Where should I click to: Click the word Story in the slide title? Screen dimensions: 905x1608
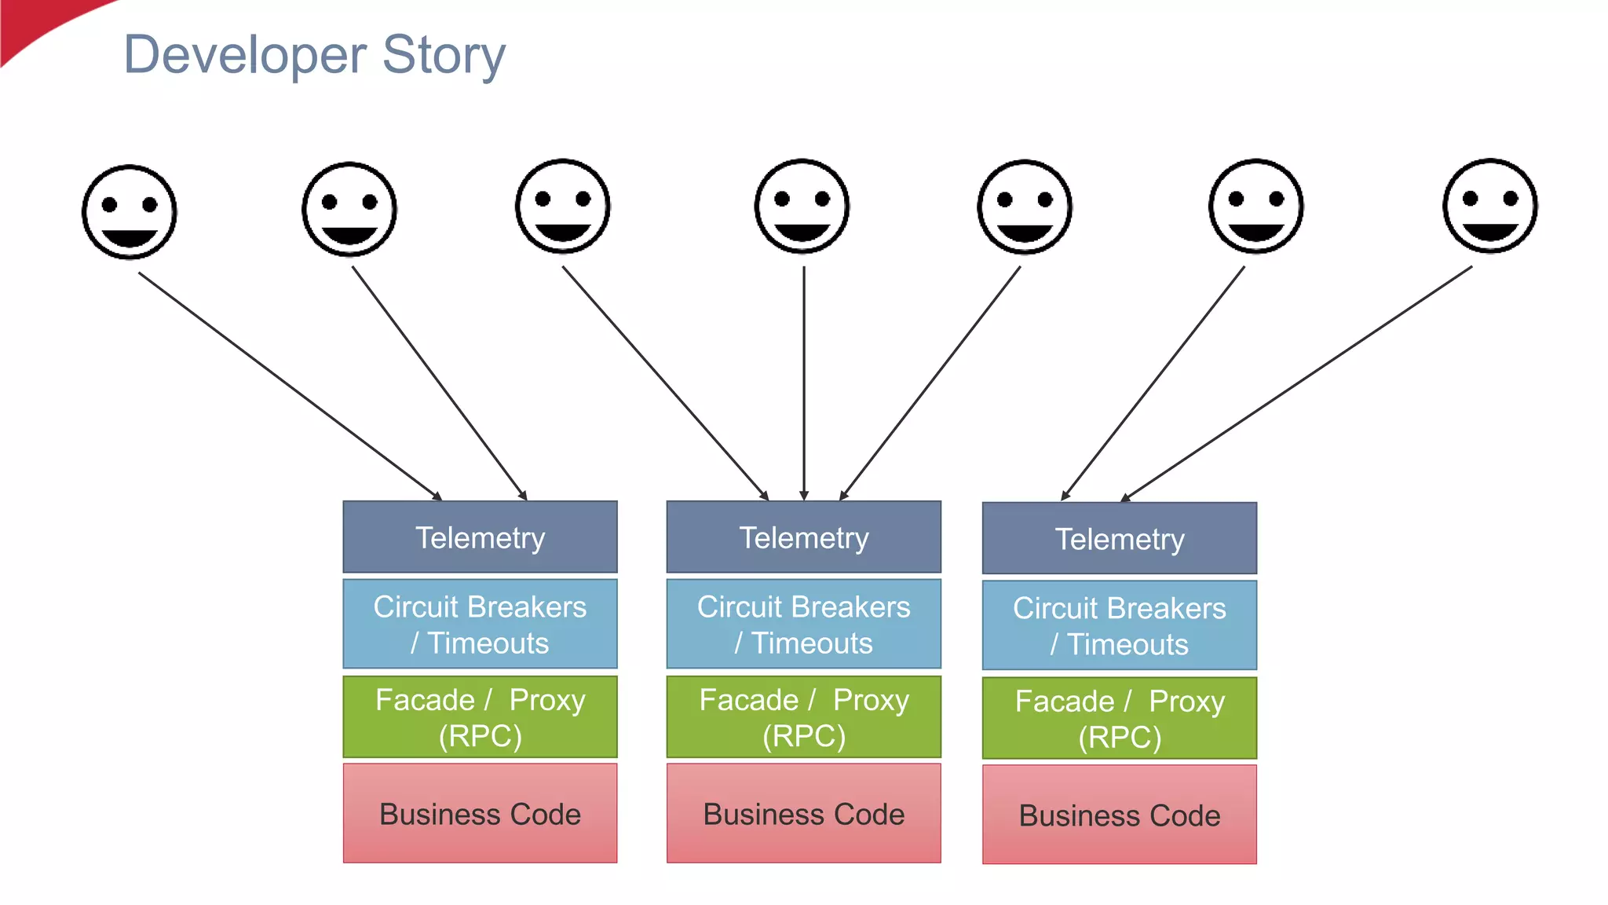(x=444, y=55)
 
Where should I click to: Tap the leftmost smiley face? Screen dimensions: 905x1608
(x=130, y=212)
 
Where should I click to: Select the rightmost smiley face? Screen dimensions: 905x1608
(x=1489, y=206)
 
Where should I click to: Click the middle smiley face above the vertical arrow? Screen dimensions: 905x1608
(x=802, y=206)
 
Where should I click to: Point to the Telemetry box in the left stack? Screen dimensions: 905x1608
(x=480, y=537)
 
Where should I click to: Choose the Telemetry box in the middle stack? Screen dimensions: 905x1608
(x=803, y=537)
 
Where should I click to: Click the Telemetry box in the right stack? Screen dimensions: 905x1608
(x=1119, y=539)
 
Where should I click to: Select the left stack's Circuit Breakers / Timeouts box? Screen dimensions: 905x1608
(x=480, y=625)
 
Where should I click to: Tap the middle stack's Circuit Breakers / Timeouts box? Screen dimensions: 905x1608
(x=803, y=625)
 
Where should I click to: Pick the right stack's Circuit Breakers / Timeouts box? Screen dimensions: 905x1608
(x=1119, y=626)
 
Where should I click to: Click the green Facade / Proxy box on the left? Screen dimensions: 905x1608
(x=480, y=717)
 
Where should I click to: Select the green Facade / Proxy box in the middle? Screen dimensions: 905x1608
(x=803, y=717)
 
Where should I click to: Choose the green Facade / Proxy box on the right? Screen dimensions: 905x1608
(x=1119, y=719)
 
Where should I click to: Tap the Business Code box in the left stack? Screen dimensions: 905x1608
(x=480, y=814)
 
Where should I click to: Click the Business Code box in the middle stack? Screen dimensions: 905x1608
(x=803, y=814)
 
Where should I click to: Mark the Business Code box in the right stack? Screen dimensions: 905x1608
(x=1119, y=815)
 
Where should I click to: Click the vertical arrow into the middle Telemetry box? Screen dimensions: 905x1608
(x=803, y=385)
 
